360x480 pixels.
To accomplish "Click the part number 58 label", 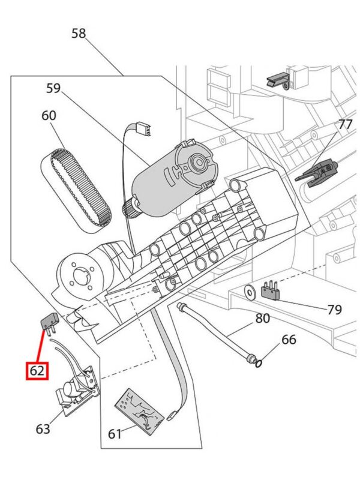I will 79,33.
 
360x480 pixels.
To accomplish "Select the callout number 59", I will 53,89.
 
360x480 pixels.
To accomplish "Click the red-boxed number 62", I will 37,371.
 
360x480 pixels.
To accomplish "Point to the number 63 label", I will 43,428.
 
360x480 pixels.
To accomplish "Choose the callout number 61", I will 116,433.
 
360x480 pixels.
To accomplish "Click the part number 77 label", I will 345,125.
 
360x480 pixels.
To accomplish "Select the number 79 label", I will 334,310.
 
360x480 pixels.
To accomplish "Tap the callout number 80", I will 263,319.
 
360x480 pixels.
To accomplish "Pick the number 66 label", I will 289,340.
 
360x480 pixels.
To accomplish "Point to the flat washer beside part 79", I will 249,292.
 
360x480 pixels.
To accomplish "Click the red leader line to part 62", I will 40,347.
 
